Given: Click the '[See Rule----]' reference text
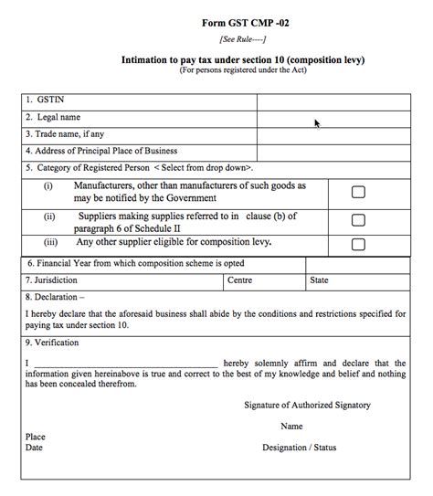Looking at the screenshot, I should tap(243, 39).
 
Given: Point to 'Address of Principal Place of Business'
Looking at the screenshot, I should tap(101, 151).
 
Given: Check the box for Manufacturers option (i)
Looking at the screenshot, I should tap(358, 192).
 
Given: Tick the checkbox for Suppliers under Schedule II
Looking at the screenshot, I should tap(358, 220).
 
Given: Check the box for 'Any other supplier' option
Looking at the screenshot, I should tap(358, 244).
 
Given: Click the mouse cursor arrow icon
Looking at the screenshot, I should tap(317, 122).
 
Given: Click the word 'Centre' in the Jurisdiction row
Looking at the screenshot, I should tap(239, 280).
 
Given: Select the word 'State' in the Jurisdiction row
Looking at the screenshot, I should tap(320, 280).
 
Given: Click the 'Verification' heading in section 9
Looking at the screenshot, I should tap(58, 343).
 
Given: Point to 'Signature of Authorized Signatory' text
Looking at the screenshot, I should tap(307, 405).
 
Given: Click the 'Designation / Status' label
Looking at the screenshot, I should tap(300, 448).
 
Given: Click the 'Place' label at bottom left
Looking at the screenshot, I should tap(36, 437).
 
